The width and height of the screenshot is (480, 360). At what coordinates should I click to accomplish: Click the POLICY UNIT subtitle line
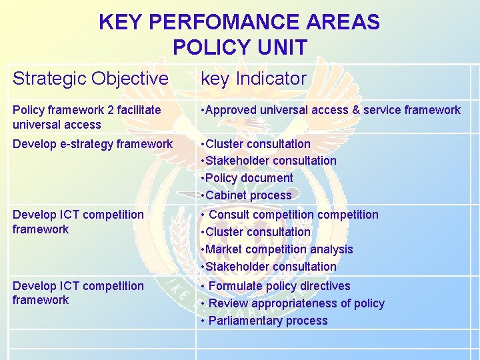[239, 47]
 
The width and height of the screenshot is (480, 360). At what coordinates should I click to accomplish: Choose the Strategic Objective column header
[90, 79]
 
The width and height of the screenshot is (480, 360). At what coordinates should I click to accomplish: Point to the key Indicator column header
[253, 79]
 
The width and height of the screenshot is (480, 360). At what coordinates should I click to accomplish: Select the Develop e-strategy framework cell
[92, 144]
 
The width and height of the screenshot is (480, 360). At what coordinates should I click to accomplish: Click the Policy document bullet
[248, 178]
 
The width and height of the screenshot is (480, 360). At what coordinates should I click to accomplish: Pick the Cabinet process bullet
[247, 195]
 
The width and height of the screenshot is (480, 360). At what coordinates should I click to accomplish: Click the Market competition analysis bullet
[278, 249]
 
